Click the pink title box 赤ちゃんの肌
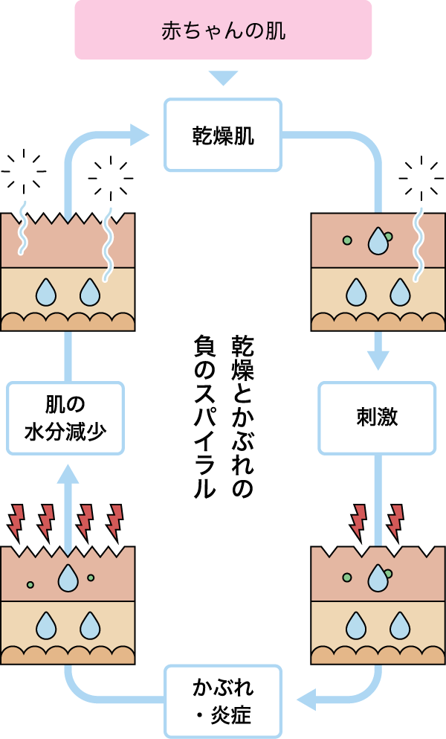(x=223, y=31)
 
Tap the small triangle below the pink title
(x=223, y=77)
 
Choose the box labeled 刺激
(x=377, y=418)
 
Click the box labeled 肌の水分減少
(x=65, y=418)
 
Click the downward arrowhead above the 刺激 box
(x=378, y=360)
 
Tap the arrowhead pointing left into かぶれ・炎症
(x=306, y=700)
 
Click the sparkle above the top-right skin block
(x=421, y=179)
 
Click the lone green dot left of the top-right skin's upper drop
(x=346, y=240)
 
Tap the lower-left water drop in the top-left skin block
(x=46, y=292)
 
